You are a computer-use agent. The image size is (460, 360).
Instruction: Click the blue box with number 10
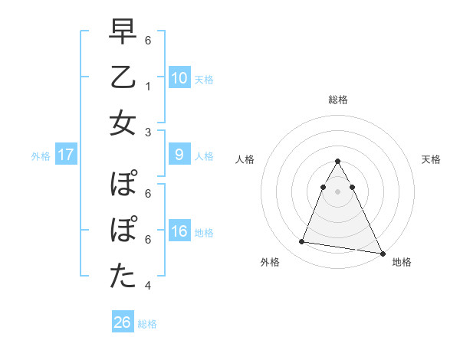coord(179,77)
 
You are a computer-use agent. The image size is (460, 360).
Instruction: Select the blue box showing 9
coord(179,155)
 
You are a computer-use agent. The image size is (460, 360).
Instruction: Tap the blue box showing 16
coord(179,232)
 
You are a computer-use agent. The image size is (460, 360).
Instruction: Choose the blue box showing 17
coord(66,155)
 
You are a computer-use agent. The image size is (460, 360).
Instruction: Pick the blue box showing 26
coord(123,322)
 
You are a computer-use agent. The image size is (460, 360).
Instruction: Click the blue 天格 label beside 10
coord(204,79)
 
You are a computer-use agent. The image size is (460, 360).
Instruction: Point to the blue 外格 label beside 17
coord(41,156)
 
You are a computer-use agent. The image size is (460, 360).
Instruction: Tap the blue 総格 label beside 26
coord(147,324)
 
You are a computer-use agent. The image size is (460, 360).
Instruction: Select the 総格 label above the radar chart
coord(338,100)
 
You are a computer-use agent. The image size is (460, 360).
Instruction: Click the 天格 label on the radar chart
coord(431,159)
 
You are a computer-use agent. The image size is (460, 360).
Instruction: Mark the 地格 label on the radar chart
coord(402,262)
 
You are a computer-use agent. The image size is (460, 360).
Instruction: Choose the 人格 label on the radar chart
coord(245,159)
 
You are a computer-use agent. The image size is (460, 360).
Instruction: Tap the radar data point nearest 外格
coord(301,242)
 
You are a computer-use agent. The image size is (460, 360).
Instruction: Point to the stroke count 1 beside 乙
coord(147,86)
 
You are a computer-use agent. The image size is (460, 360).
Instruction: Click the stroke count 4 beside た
coord(147,286)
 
